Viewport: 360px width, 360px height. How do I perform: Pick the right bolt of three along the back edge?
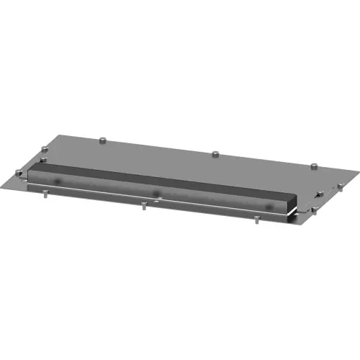tap(314, 167)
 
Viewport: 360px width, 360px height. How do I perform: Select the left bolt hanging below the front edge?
tap(45, 192)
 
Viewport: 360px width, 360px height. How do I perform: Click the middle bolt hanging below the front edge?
tap(145, 206)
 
